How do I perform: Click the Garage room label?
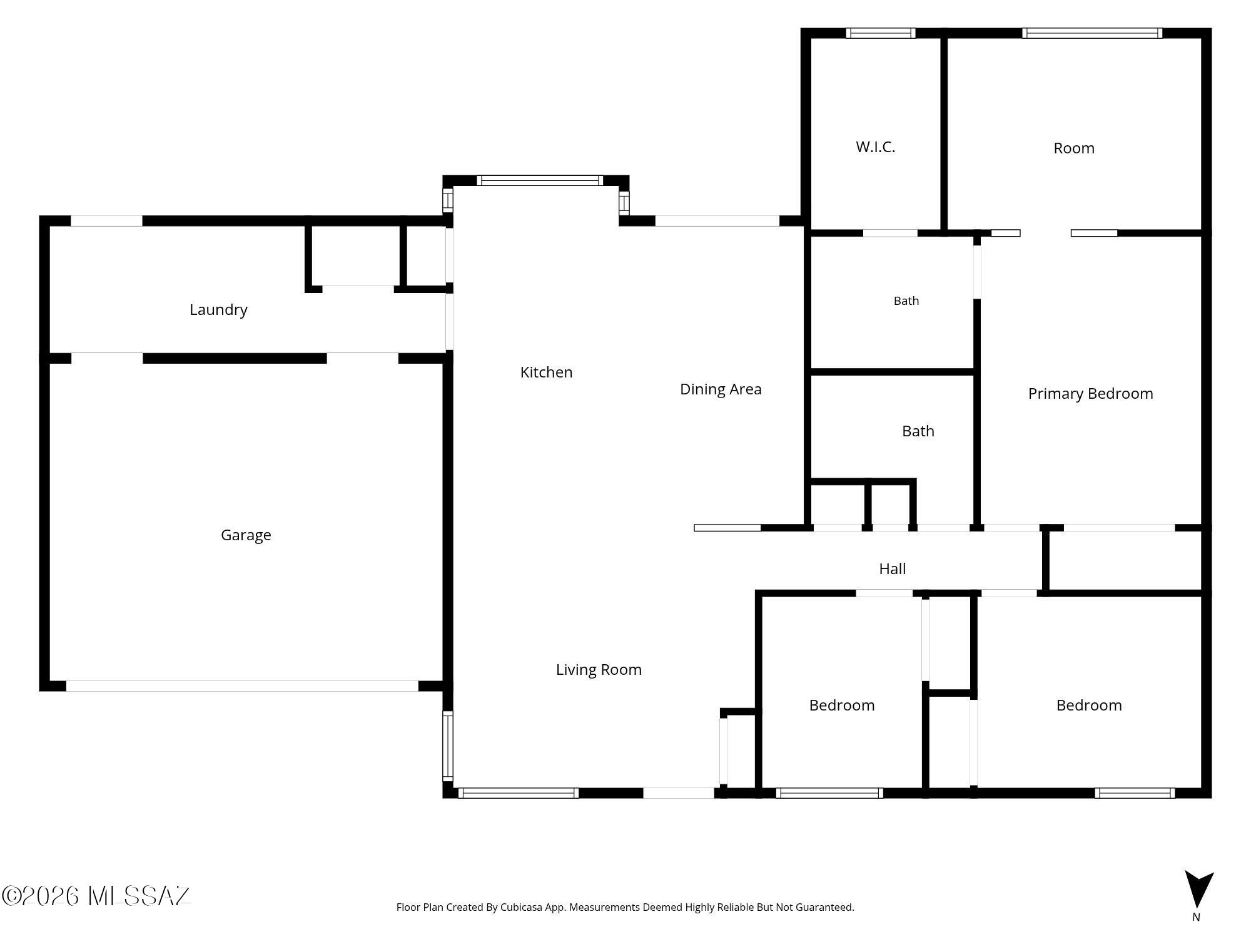pos(246,535)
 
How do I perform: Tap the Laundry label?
pos(218,310)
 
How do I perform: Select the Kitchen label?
pos(546,372)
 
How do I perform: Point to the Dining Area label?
pos(721,389)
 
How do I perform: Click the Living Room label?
pos(599,670)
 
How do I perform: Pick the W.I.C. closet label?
pos(875,147)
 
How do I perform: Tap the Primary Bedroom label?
pos(1090,394)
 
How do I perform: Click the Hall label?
pos(892,568)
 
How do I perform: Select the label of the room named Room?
pos(1073,148)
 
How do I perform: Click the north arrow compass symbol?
pos(1198,890)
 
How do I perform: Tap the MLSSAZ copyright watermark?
pos(96,896)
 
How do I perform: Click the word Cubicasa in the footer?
pos(521,907)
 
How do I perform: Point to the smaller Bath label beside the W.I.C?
pos(906,301)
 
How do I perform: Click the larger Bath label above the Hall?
pos(918,431)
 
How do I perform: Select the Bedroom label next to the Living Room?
pos(841,706)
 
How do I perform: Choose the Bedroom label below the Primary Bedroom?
pos(1088,706)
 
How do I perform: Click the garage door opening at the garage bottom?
pos(242,686)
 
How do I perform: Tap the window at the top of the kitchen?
pos(540,181)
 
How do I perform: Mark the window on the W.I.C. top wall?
pos(881,33)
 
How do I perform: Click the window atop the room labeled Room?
pos(1092,33)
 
